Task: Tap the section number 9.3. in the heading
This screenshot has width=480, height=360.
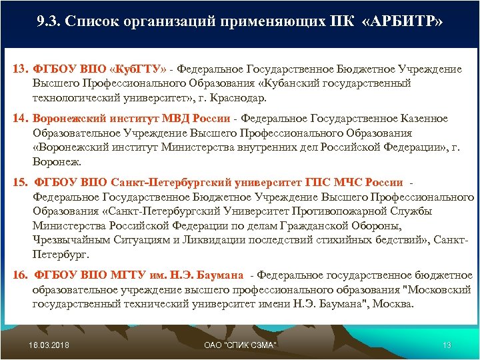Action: pos(52,23)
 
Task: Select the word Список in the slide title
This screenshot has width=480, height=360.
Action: pos(103,23)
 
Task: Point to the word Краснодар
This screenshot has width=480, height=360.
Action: pos(239,97)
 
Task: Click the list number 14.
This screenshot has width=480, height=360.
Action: pos(20,119)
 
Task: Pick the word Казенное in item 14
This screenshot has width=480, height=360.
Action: pos(424,119)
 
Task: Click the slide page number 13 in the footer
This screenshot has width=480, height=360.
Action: pos(447,344)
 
